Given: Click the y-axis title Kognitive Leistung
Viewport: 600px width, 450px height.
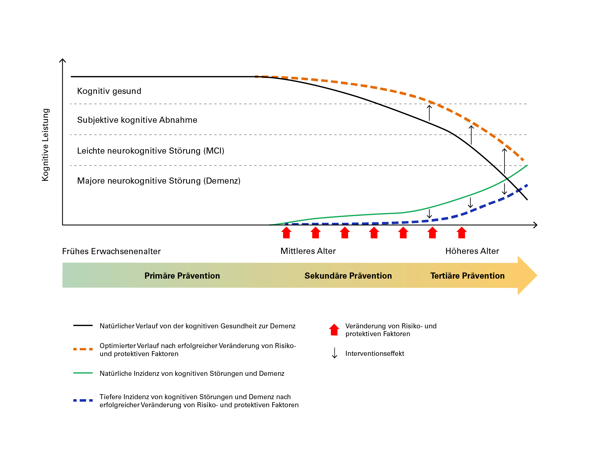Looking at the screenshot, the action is [x=45, y=145].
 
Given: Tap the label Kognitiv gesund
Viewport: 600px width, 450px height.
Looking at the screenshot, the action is [x=109, y=91].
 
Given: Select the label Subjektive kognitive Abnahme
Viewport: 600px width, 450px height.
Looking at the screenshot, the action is [x=137, y=120].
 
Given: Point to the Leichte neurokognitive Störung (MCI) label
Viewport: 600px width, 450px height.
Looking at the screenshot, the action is [x=151, y=151].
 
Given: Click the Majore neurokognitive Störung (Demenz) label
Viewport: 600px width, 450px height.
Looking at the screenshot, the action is [x=159, y=181].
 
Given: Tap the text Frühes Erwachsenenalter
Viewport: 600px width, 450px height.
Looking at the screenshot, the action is [x=111, y=251].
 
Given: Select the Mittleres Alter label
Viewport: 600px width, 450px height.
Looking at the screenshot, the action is [x=308, y=251].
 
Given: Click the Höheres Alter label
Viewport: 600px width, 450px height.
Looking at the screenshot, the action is [x=472, y=251].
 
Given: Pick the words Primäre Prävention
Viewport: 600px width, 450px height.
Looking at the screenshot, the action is [x=182, y=276].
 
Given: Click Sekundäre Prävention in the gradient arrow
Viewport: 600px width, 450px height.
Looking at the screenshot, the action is [x=348, y=276].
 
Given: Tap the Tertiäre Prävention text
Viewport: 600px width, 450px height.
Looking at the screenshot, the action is [x=467, y=276].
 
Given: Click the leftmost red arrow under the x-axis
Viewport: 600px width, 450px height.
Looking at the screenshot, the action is [x=286, y=232].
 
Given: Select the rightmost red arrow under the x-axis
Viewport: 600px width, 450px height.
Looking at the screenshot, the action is [x=462, y=232].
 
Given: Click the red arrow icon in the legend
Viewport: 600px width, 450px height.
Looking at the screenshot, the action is [x=334, y=330].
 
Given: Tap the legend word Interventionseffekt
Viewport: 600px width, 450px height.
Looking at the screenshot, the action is [x=375, y=354].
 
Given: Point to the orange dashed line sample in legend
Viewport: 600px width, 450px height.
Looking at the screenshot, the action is [x=83, y=349].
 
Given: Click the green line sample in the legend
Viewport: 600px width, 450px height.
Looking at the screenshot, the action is [x=83, y=373].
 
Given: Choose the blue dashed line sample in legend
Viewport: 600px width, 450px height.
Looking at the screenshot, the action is [x=83, y=401].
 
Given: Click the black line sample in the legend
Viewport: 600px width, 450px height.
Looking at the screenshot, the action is [x=83, y=326].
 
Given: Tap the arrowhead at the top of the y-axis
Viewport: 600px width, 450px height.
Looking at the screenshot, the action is [x=62, y=59].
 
